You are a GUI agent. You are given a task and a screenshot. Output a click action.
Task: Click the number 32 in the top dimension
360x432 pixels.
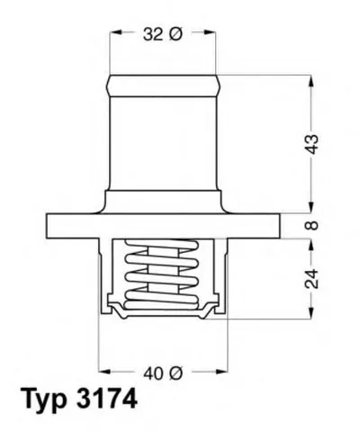coord(153,34)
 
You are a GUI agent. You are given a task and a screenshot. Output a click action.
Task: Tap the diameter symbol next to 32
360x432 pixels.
coord(175,34)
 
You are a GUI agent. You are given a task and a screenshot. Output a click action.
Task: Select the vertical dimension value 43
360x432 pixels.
coord(312,145)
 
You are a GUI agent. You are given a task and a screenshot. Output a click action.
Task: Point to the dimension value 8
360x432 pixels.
coord(312,225)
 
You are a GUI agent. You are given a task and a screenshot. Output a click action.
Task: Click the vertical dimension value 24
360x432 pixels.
coord(312,279)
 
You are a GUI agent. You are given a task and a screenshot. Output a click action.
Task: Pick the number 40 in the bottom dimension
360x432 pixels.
coord(154,373)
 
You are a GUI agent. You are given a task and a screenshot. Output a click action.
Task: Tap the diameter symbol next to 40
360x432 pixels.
coord(175,373)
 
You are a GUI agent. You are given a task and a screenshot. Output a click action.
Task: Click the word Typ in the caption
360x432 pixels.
coord(44,399)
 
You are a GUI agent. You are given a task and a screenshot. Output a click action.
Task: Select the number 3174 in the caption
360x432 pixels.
coord(107,399)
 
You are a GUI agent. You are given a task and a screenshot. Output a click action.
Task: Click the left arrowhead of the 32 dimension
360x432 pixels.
coord(115,32)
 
